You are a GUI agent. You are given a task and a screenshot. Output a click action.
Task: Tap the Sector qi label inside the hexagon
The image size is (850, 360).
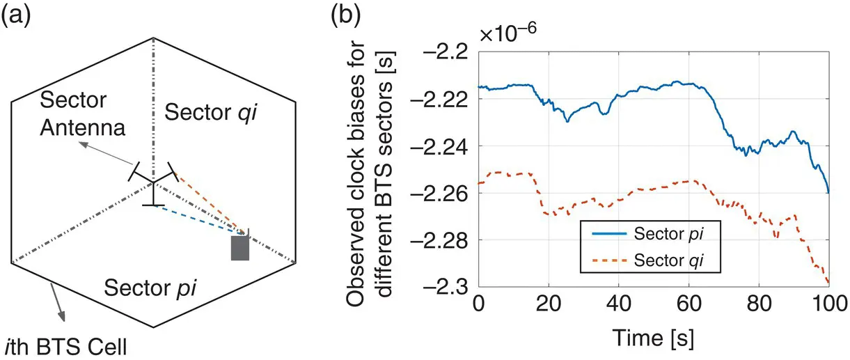pyautogui.click(x=206, y=109)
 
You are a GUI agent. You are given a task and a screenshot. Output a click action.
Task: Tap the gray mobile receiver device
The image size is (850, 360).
pyautogui.click(x=240, y=247)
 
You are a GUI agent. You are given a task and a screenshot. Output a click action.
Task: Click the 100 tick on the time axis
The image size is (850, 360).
pyautogui.click(x=828, y=304)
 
